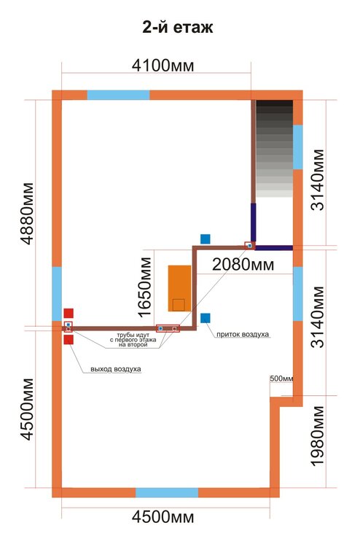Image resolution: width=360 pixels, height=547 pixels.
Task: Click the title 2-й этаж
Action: pyautogui.click(x=178, y=27)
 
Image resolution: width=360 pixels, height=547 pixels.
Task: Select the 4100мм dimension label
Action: pyautogui.click(x=163, y=65)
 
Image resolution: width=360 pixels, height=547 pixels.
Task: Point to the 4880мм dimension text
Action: pyautogui.click(x=28, y=213)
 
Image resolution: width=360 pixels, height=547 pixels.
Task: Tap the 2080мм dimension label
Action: pyautogui.click(x=243, y=265)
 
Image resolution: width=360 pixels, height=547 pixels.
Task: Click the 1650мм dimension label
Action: pyautogui.click(x=144, y=287)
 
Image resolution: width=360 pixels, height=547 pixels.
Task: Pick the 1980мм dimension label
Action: pyautogui.click(x=318, y=436)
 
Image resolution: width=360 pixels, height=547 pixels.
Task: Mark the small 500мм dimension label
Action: pyautogui.click(x=281, y=379)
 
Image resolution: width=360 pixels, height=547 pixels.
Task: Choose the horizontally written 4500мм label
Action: pyautogui.click(x=163, y=516)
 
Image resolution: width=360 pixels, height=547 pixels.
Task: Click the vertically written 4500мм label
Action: pyautogui.click(x=28, y=409)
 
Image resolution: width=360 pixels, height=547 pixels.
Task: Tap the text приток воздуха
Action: pyautogui.click(x=243, y=334)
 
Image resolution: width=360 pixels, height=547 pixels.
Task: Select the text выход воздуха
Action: pyautogui.click(x=116, y=369)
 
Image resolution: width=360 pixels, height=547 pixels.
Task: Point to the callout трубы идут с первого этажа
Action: pyautogui.click(x=133, y=340)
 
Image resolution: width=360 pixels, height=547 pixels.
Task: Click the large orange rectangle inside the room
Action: pyautogui.click(x=179, y=288)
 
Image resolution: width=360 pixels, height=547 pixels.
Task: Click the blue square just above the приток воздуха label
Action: pyautogui.click(x=206, y=318)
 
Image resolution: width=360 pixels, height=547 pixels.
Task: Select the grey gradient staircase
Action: pyautogui.click(x=274, y=149)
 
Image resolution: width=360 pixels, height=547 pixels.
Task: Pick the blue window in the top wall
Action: pyautogui.click(x=118, y=95)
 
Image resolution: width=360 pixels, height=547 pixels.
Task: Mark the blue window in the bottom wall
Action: pyautogui.click(x=167, y=492)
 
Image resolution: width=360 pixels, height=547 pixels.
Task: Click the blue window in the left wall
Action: pyautogui.click(x=57, y=294)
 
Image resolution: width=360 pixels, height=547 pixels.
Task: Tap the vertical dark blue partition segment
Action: pyautogui.click(x=254, y=222)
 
